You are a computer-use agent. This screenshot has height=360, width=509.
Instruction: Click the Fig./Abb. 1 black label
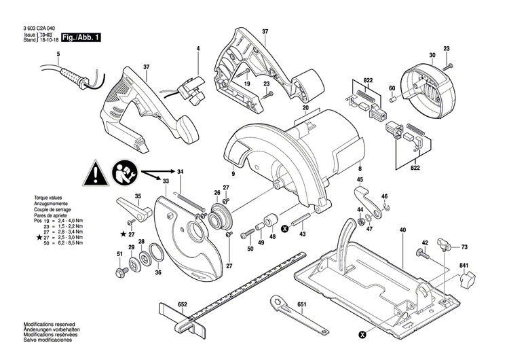click(x=80, y=37)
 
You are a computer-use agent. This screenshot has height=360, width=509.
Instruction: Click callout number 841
click(x=463, y=265)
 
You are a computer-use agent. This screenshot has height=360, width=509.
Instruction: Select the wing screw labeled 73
click(x=444, y=244)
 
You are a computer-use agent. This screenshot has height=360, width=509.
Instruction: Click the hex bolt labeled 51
click(x=121, y=272)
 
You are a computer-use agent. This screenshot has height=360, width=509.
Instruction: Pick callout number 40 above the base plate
click(x=402, y=230)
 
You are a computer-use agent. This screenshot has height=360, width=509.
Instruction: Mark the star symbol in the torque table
click(x=29, y=237)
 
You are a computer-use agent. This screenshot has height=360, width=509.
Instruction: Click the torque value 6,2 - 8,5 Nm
click(x=69, y=242)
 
